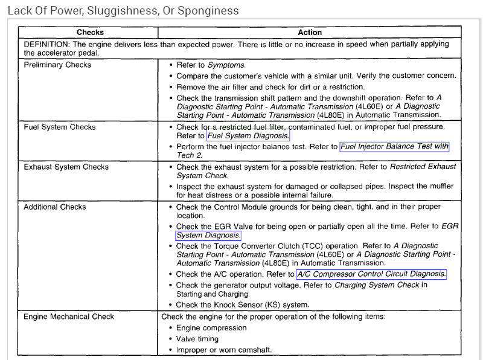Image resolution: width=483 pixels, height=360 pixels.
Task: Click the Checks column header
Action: coord(90,33)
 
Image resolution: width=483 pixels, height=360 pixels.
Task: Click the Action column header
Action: coord(310,33)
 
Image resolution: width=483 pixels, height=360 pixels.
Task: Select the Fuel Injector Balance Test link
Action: coord(394,146)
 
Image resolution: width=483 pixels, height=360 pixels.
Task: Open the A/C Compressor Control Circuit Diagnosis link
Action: coord(371,274)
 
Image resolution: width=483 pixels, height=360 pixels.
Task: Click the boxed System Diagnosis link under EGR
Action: coord(208,236)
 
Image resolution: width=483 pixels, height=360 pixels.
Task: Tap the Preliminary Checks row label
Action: coord(57,65)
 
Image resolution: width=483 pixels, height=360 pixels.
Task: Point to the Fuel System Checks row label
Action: coord(60,127)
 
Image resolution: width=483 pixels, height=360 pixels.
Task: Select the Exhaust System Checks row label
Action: coord(66,167)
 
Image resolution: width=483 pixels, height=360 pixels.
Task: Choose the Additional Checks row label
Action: coord(55,207)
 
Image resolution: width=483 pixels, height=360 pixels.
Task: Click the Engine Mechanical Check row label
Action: coord(69,317)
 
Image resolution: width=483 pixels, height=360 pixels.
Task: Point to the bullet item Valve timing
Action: coord(197,339)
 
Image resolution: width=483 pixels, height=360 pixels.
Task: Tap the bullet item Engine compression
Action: coord(211,328)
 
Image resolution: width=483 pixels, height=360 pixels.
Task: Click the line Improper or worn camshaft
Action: coord(224,350)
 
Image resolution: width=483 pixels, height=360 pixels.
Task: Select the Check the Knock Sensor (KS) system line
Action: coord(243,305)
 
